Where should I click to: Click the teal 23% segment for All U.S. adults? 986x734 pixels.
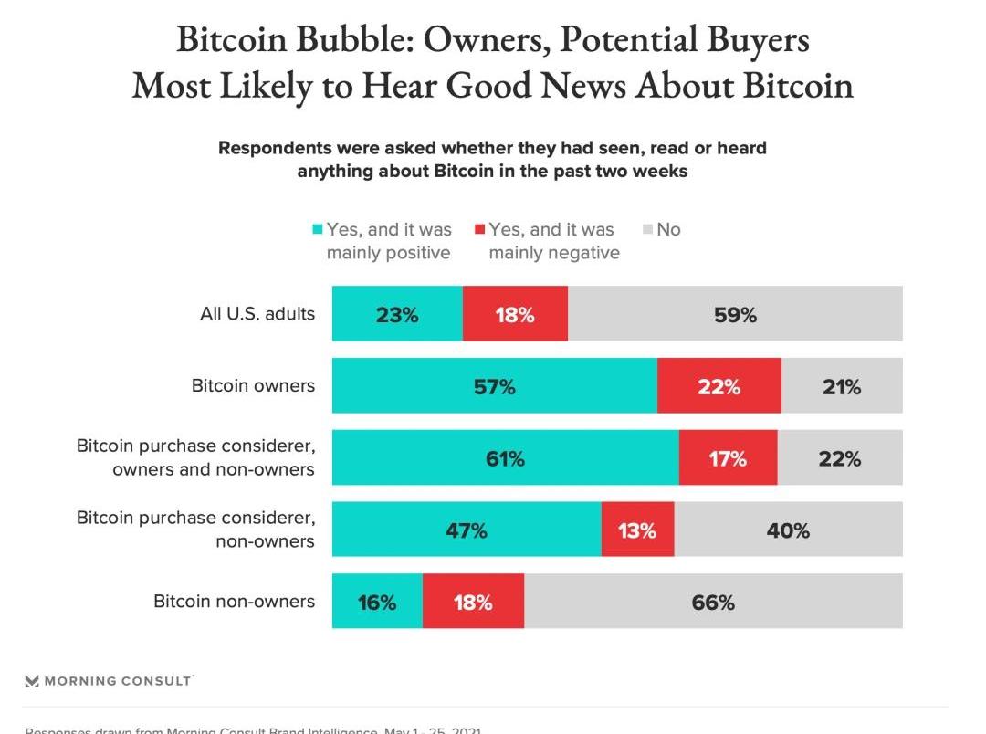click(397, 314)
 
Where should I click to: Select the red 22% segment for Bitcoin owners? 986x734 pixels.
click(719, 386)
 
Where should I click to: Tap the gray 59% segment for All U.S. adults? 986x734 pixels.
click(735, 314)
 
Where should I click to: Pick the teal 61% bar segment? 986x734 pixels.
click(505, 458)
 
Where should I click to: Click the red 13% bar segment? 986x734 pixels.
click(637, 530)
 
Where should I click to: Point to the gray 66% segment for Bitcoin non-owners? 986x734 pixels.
click(713, 602)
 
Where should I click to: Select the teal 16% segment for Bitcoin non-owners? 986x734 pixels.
click(377, 602)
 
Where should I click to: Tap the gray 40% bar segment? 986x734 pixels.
click(788, 530)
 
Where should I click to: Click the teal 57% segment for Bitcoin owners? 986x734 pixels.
click(494, 386)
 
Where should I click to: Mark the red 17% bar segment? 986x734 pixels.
click(728, 458)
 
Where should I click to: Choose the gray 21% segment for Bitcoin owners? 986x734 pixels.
click(841, 386)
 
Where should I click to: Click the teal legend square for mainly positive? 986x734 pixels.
click(318, 229)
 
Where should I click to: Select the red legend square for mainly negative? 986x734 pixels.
click(479, 229)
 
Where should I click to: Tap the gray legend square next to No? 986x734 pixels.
click(647, 229)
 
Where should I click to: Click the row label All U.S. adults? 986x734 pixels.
click(257, 314)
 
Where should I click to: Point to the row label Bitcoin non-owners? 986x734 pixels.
click(234, 602)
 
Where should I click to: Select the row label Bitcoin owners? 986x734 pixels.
click(253, 386)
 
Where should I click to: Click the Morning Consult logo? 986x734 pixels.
click(108, 681)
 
